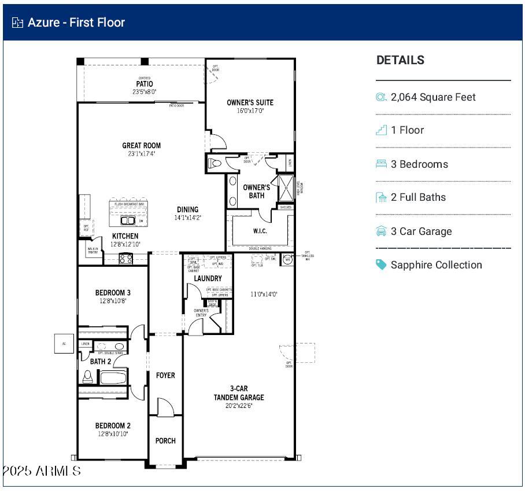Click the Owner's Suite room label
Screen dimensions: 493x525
pyautogui.click(x=250, y=102)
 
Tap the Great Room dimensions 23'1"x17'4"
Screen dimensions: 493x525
pyautogui.click(x=142, y=154)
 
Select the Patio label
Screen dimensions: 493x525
pyautogui.click(x=144, y=84)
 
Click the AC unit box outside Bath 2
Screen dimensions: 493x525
pyautogui.click(x=64, y=343)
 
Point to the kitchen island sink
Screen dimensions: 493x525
pyautogui.click(x=127, y=220)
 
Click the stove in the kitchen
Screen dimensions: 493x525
pyautogui.click(x=126, y=259)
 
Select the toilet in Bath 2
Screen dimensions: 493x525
pyautogui.click(x=88, y=376)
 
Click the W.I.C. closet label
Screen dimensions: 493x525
pyautogui.click(x=260, y=231)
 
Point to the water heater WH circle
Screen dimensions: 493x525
pyautogui.click(x=287, y=260)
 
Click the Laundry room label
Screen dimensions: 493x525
pyautogui.click(x=208, y=278)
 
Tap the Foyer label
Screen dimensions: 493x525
pyautogui.click(x=165, y=376)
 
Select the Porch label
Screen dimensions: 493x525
pyautogui.click(x=165, y=441)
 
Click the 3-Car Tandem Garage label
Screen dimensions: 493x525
pyautogui.click(x=239, y=393)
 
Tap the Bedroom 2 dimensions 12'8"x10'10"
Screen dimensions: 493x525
pyautogui.click(x=113, y=434)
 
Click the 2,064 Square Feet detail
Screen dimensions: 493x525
pyautogui.click(x=433, y=97)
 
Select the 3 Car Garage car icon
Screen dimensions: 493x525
pyautogui.click(x=381, y=231)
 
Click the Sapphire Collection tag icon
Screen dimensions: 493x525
pyautogui.click(x=381, y=264)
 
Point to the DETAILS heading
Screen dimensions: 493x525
pyautogui.click(x=400, y=60)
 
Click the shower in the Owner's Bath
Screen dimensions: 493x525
pyautogui.click(x=286, y=187)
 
